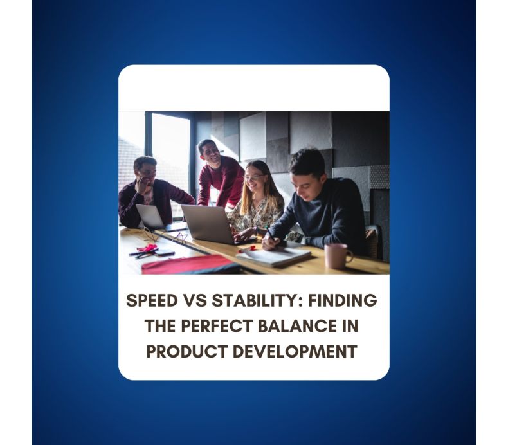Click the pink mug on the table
(337, 255)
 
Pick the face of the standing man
(209, 152)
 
